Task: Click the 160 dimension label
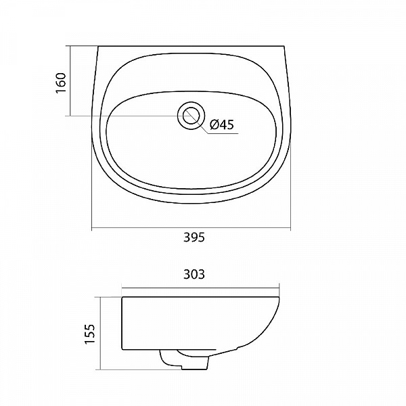coord(61,83)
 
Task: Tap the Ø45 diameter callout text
coord(222,125)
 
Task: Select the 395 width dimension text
coord(194,238)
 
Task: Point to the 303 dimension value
coord(194,275)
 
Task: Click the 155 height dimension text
coord(90,334)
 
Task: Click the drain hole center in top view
coord(191,115)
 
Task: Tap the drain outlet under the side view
coord(184,359)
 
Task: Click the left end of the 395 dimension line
coord(92,229)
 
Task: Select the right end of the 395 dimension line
coord(290,229)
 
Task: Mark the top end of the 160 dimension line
coord(70,46)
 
